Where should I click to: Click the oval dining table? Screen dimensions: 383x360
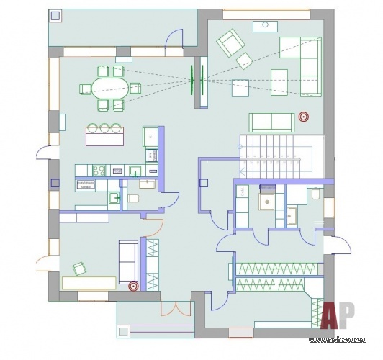(110, 88)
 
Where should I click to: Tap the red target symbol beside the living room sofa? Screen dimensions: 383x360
(303, 117)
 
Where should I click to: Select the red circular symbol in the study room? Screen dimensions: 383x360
(134, 287)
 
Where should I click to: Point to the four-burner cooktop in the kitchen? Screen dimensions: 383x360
(99, 170)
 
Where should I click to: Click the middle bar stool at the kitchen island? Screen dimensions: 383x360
(104, 127)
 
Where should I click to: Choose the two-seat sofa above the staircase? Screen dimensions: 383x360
(271, 122)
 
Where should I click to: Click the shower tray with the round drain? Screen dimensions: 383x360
(267, 202)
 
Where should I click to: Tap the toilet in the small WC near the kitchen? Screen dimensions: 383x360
(133, 198)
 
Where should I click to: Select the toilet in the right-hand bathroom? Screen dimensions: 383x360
(316, 194)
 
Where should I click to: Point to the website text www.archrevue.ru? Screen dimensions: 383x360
(338, 340)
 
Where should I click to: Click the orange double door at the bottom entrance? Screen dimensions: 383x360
(175, 309)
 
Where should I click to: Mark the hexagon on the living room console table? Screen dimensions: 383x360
(265, 24)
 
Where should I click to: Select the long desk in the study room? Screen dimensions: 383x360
(89, 283)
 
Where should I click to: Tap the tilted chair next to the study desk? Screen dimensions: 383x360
(79, 269)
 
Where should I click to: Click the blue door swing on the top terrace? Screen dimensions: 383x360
(174, 38)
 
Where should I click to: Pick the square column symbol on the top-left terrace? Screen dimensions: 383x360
(55, 16)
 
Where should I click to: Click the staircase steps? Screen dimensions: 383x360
(270, 156)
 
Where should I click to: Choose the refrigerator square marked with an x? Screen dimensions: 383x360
(150, 137)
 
